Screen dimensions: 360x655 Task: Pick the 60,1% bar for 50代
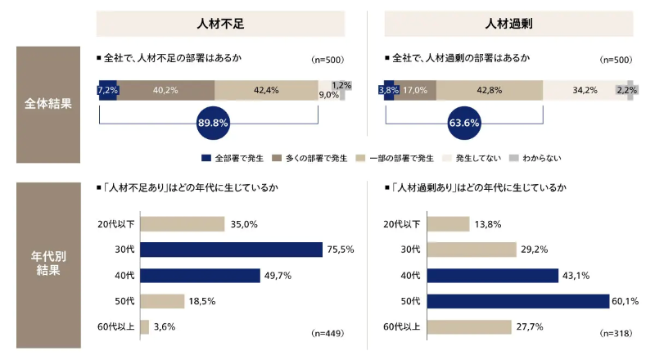(x=518, y=301)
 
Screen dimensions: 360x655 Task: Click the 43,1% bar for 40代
(x=492, y=276)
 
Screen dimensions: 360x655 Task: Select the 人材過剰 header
(x=508, y=24)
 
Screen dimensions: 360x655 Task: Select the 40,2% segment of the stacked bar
(x=166, y=90)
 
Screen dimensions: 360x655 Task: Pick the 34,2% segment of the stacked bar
(x=579, y=90)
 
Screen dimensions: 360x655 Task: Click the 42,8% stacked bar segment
(x=490, y=90)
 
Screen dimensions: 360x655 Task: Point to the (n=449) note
(x=327, y=333)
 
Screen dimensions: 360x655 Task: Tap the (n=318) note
(x=615, y=333)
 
